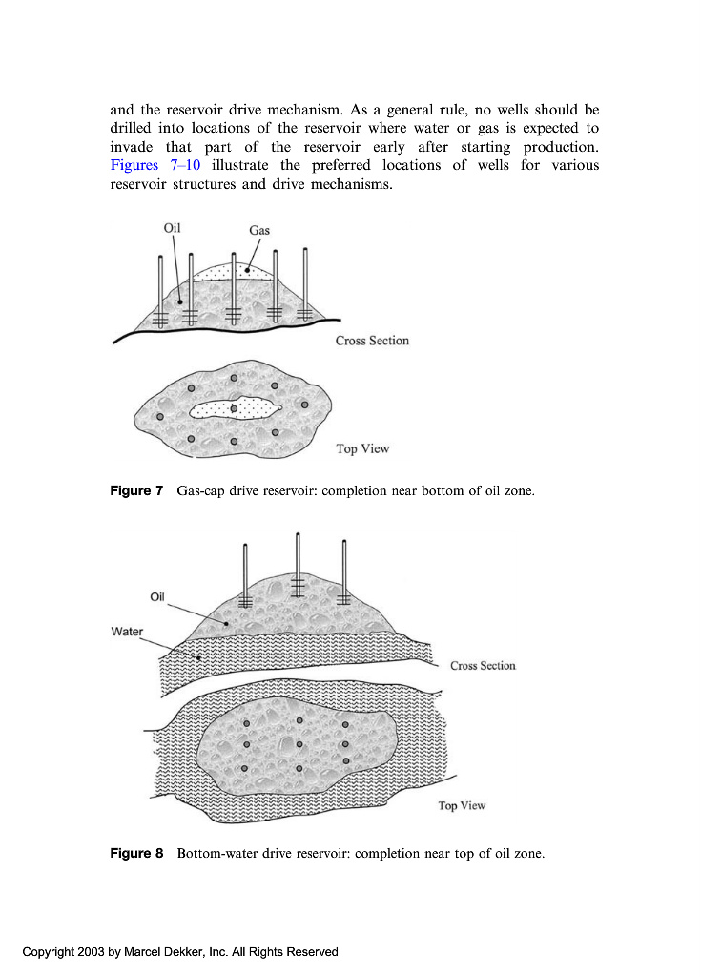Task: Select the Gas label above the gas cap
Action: [x=259, y=230]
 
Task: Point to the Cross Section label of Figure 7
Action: [x=372, y=341]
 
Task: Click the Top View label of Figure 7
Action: [x=362, y=448]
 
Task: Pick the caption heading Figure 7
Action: [x=136, y=491]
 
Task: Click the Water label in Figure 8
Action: [x=128, y=632]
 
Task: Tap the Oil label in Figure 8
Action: [x=158, y=597]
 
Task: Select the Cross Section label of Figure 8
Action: [x=483, y=665]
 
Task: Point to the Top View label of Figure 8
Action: [x=462, y=806]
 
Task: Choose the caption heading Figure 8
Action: [x=136, y=853]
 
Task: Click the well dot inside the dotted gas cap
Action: [x=234, y=408]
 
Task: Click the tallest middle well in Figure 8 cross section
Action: [x=299, y=563]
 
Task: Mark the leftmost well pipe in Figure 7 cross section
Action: [x=160, y=286]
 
